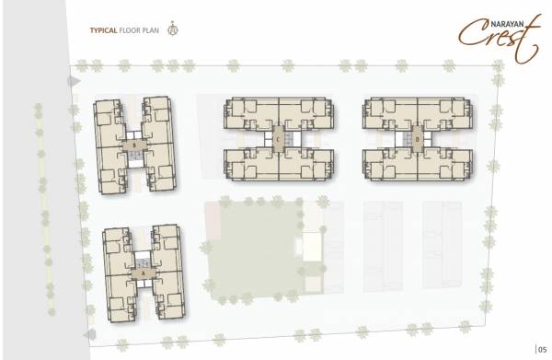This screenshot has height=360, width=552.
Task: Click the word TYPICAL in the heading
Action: (x=102, y=30)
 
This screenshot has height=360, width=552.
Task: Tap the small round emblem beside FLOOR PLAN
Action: (x=170, y=29)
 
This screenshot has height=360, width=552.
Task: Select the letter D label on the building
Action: (x=418, y=140)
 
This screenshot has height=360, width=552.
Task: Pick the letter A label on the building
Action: (x=143, y=273)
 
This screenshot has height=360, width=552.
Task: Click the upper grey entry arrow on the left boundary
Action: (x=72, y=81)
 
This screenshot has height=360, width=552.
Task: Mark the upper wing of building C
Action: (x=278, y=114)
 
